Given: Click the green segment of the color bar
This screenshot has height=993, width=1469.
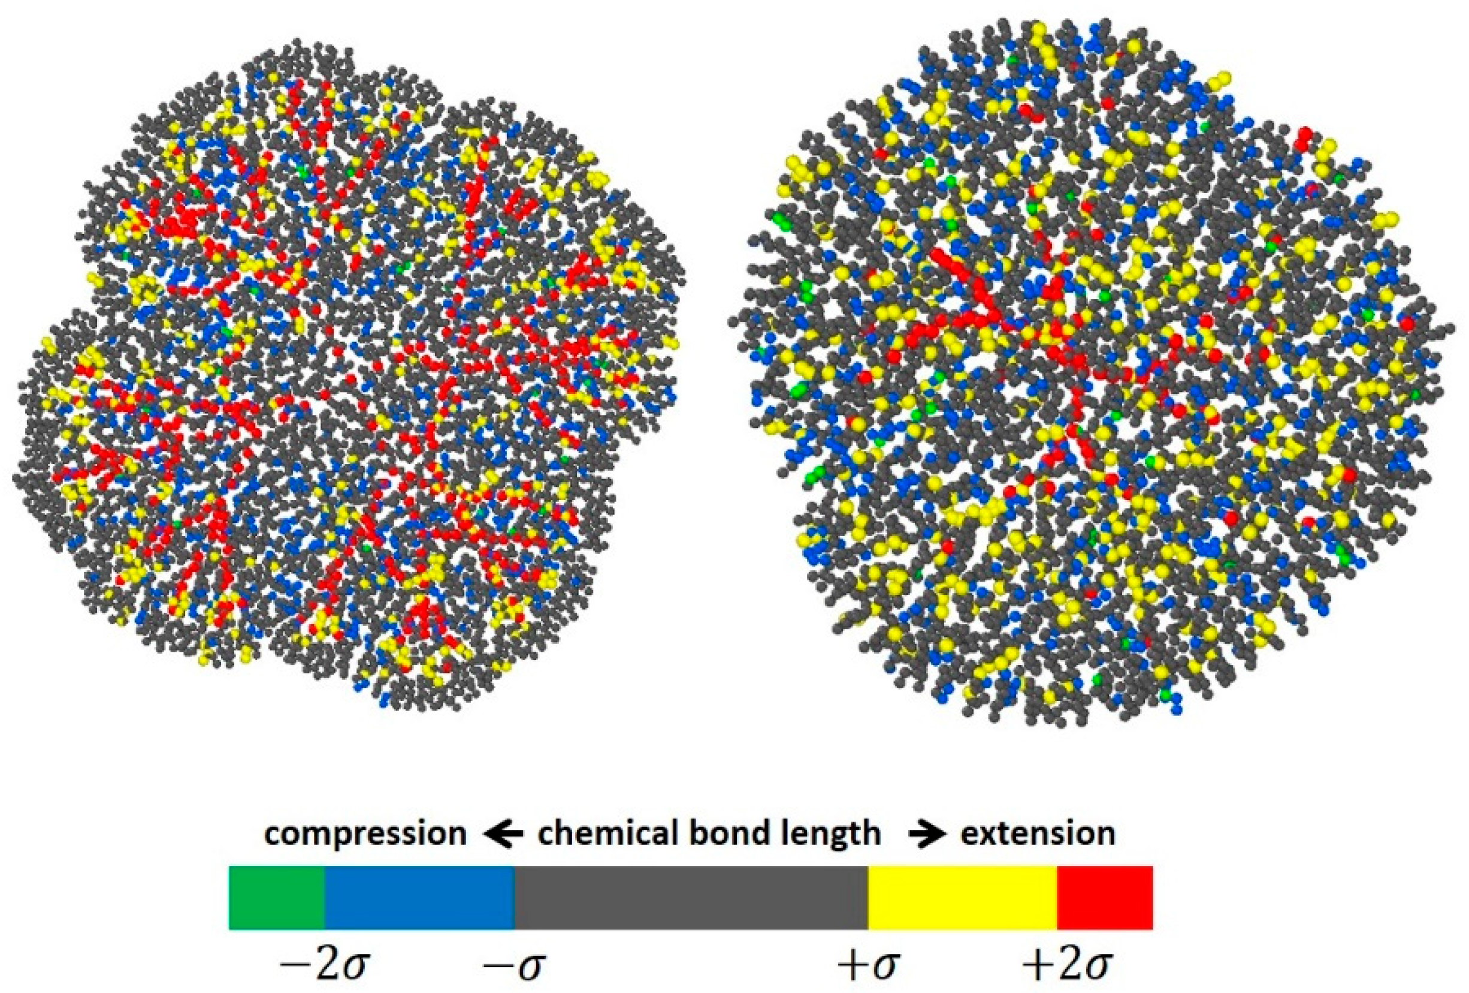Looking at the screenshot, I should tap(277, 898).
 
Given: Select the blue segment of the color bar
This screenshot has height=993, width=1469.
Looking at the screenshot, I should tap(419, 898).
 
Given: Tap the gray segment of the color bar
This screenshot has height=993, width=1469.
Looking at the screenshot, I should tap(691, 898).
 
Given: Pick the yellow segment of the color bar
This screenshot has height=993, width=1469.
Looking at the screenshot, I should tap(962, 898).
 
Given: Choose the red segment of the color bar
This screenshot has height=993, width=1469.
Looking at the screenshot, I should tap(1104, 898).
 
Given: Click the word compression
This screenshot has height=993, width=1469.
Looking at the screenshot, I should tap(365, 834).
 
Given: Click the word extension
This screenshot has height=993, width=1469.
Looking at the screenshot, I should tap(1038, 833).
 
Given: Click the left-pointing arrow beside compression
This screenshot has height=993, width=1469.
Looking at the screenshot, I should tap(503, 834).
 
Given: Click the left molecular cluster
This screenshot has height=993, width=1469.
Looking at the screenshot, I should tap(347, 373).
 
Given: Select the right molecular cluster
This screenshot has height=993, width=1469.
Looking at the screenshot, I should tap(1087, 373).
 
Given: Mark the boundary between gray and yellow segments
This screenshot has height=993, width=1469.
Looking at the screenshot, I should tap(868, 898).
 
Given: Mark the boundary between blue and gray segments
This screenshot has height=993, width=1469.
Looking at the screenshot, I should tap(515, 898).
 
